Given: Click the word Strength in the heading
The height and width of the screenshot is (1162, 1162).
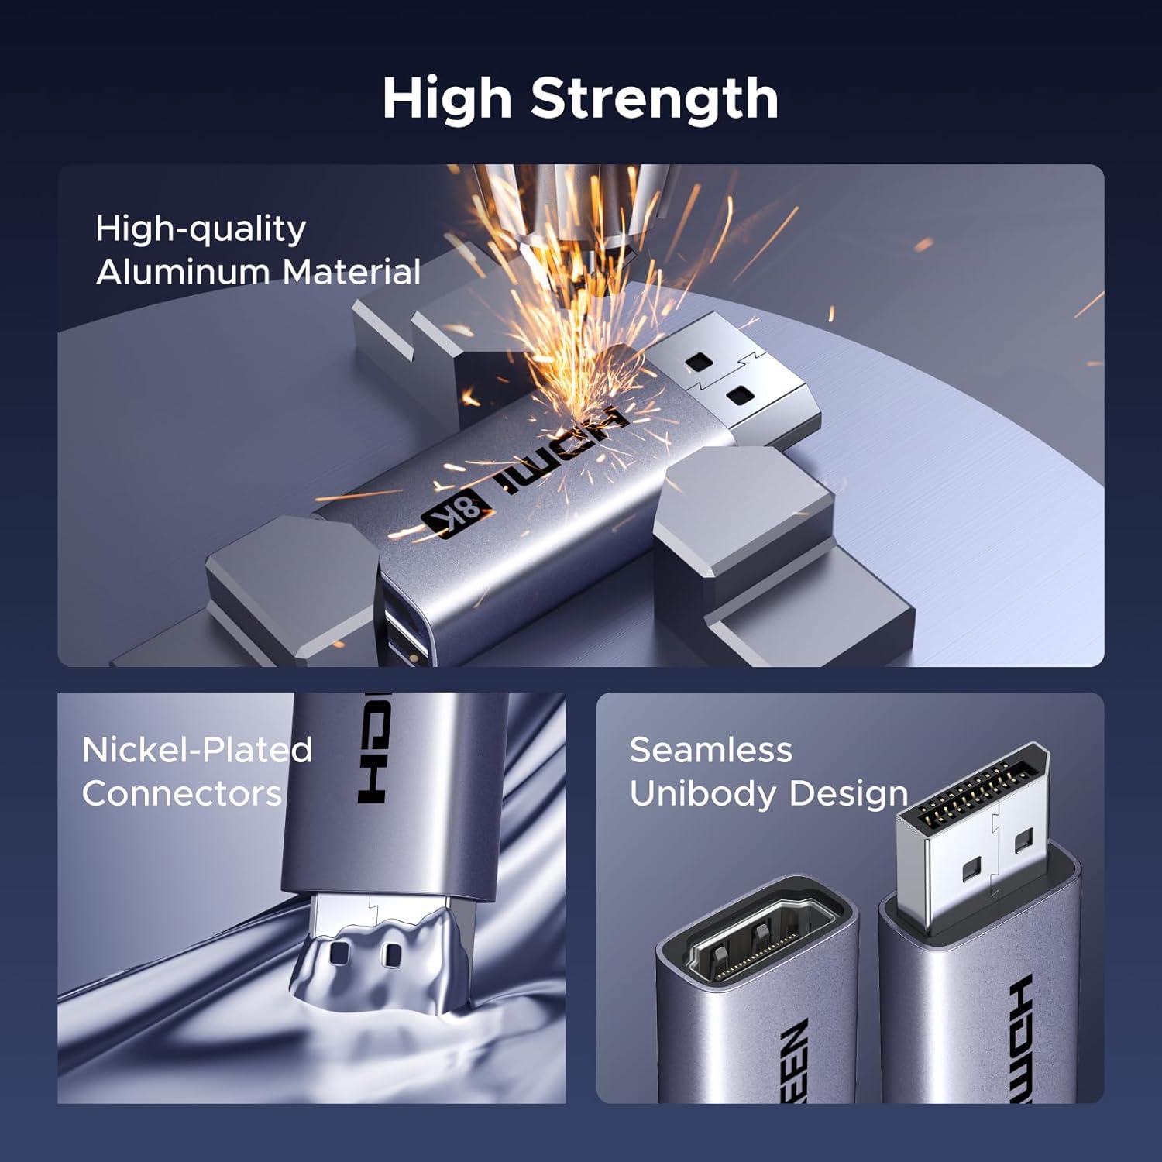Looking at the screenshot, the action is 655,98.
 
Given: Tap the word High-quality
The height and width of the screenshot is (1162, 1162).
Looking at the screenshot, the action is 201,229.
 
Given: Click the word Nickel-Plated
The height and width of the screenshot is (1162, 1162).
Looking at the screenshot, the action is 197,750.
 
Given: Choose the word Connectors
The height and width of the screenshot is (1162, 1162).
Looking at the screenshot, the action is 182,793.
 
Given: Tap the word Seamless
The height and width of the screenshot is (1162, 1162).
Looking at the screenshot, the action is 711,750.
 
